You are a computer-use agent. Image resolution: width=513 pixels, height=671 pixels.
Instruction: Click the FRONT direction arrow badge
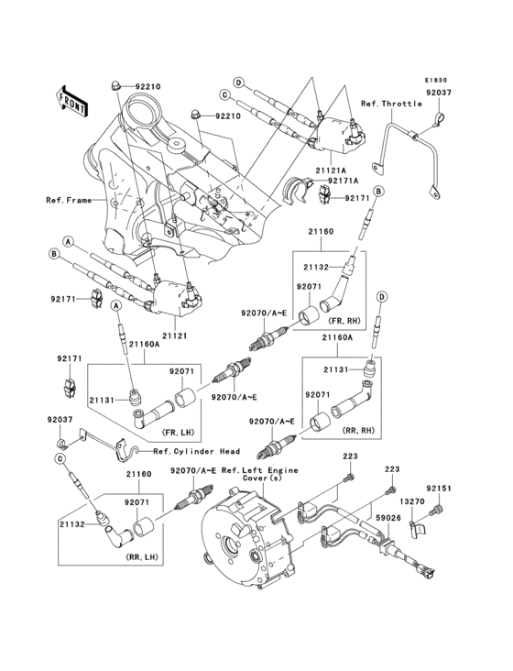tap(73, 98)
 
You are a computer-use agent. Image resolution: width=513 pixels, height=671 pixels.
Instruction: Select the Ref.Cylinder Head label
tap(196, 451)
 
